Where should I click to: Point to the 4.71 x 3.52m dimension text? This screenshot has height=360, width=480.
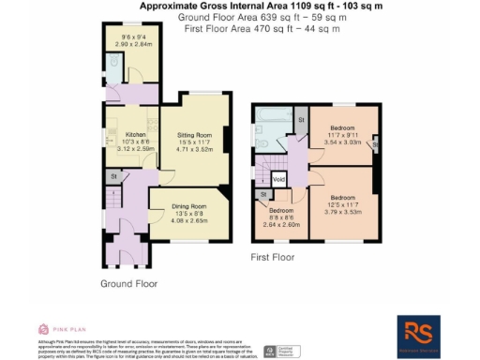195,150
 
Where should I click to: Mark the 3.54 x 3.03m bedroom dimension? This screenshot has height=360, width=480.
340,143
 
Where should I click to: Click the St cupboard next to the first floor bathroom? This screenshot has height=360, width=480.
301,121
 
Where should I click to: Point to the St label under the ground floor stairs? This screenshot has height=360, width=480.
112,175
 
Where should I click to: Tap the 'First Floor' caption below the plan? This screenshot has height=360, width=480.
274,255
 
